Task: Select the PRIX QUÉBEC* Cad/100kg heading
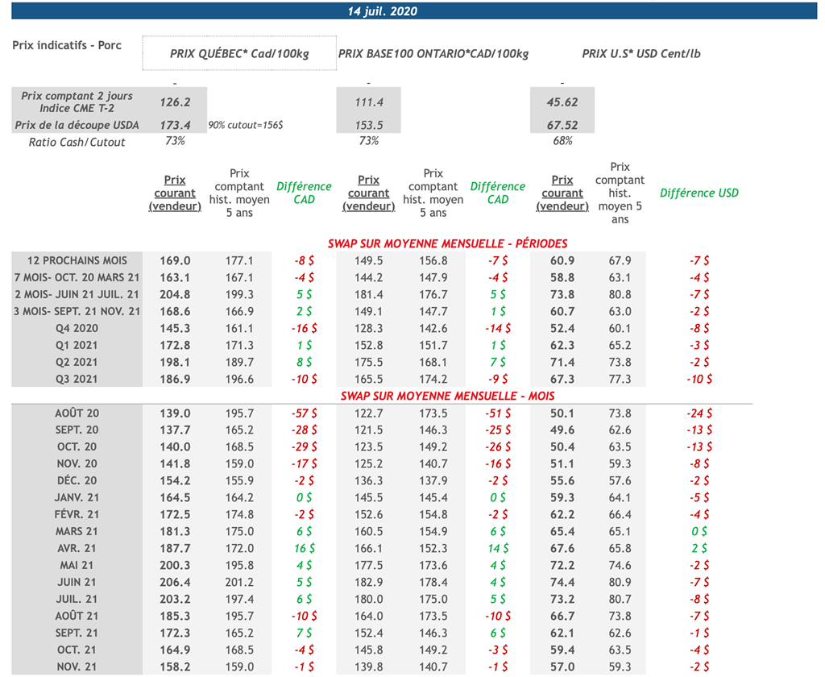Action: coord(239,54)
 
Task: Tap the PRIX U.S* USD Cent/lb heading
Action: coord(641,54)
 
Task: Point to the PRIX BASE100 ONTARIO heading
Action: coord(433,54)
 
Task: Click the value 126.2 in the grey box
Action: coord(175,102)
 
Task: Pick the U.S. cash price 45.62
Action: coord(562,102)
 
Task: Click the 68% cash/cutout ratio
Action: coord(562,141)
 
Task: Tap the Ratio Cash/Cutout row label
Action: coord(77,142)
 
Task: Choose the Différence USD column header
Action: coord(699,193)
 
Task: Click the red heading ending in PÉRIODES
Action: coord(447,243)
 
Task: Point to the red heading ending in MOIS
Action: coord(447,396)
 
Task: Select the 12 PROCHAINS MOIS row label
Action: coord(77,261)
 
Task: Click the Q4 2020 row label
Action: coord(77,329)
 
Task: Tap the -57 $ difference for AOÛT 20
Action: coord(304,413)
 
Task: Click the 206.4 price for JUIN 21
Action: coord(175,582)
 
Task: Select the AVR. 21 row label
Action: coord(77,548)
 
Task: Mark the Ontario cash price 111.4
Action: coord(368,102)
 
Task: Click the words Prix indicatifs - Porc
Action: coord(67,45)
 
